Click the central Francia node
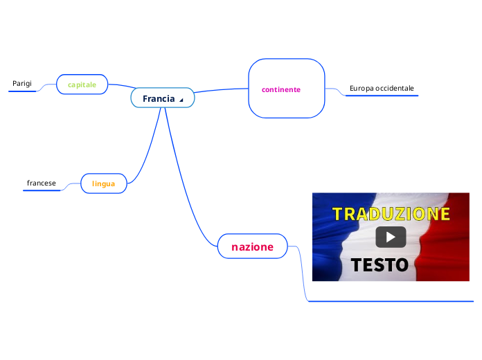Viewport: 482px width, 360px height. [x=159, y=98]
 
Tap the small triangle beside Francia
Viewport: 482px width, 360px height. [x=181, y=100]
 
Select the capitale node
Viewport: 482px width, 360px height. [x=82, y=84]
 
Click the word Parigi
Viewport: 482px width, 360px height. [x=22, y=84]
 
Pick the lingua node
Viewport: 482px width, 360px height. [x=103, y=183]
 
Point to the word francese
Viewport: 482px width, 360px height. [x=42, y=183]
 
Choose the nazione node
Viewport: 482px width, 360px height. [x=252, y=246]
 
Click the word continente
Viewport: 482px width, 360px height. [x=281, y=89]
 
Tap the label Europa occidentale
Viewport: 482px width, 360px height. [x=382, y=89]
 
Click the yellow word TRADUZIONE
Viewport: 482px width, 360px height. [x=391, y=213]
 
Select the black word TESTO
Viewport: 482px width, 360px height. [x=379, y=264]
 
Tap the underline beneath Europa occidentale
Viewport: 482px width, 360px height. [x=382, y=96]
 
